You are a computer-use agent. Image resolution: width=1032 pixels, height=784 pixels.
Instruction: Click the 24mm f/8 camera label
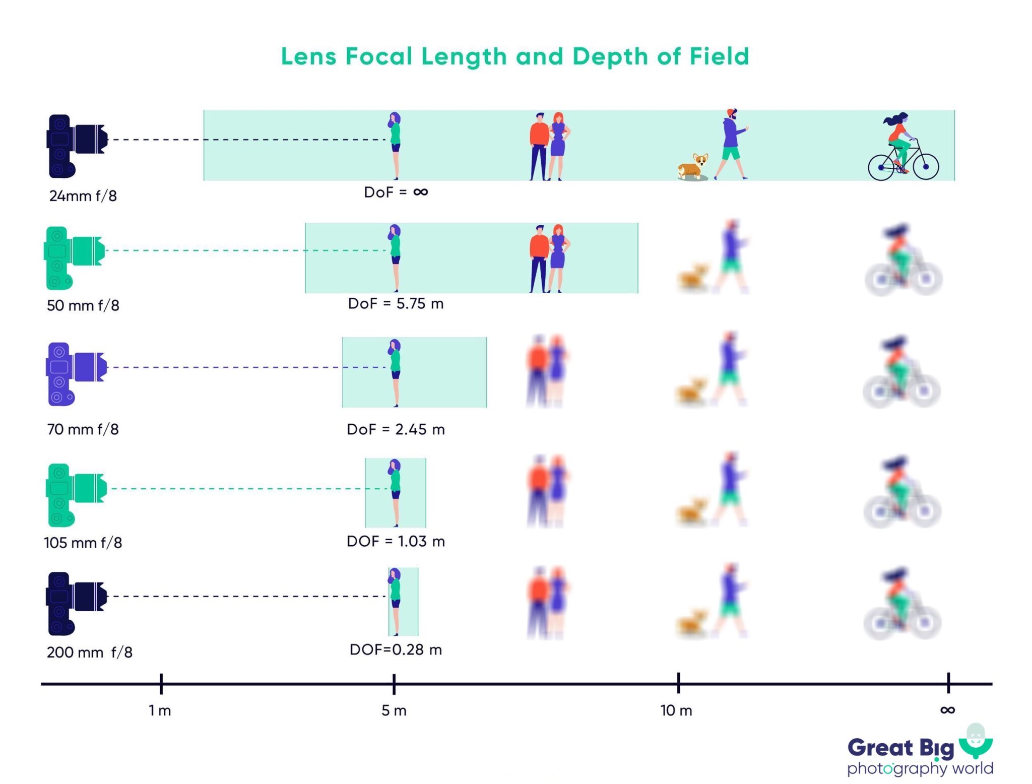point(83,195)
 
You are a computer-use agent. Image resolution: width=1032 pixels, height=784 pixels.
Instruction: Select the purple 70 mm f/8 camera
point(76,373)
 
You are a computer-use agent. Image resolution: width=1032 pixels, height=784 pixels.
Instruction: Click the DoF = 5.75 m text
point(396,304)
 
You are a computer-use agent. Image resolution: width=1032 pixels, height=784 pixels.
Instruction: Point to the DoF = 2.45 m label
point(396,429)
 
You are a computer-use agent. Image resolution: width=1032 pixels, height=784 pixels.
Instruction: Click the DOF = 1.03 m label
point(396,541)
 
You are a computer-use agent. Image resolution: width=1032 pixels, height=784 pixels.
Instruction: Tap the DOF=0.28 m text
point(396,649)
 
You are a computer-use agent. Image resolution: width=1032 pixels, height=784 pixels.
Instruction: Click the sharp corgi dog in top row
point(694,167)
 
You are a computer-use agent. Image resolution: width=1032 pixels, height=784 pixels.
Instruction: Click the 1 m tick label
point(160,710)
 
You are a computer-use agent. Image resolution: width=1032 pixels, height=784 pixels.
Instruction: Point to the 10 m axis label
point(676,710)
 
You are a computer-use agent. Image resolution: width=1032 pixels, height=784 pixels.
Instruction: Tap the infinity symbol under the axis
point(947,710)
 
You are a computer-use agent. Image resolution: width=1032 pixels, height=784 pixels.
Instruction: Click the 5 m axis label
point(394,710)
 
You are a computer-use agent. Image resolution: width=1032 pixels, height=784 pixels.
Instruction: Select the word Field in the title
point(719,56)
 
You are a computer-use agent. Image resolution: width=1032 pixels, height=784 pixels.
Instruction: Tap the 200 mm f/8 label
point(89,652)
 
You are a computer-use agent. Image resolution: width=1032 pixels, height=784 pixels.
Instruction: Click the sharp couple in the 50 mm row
point(549,258)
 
